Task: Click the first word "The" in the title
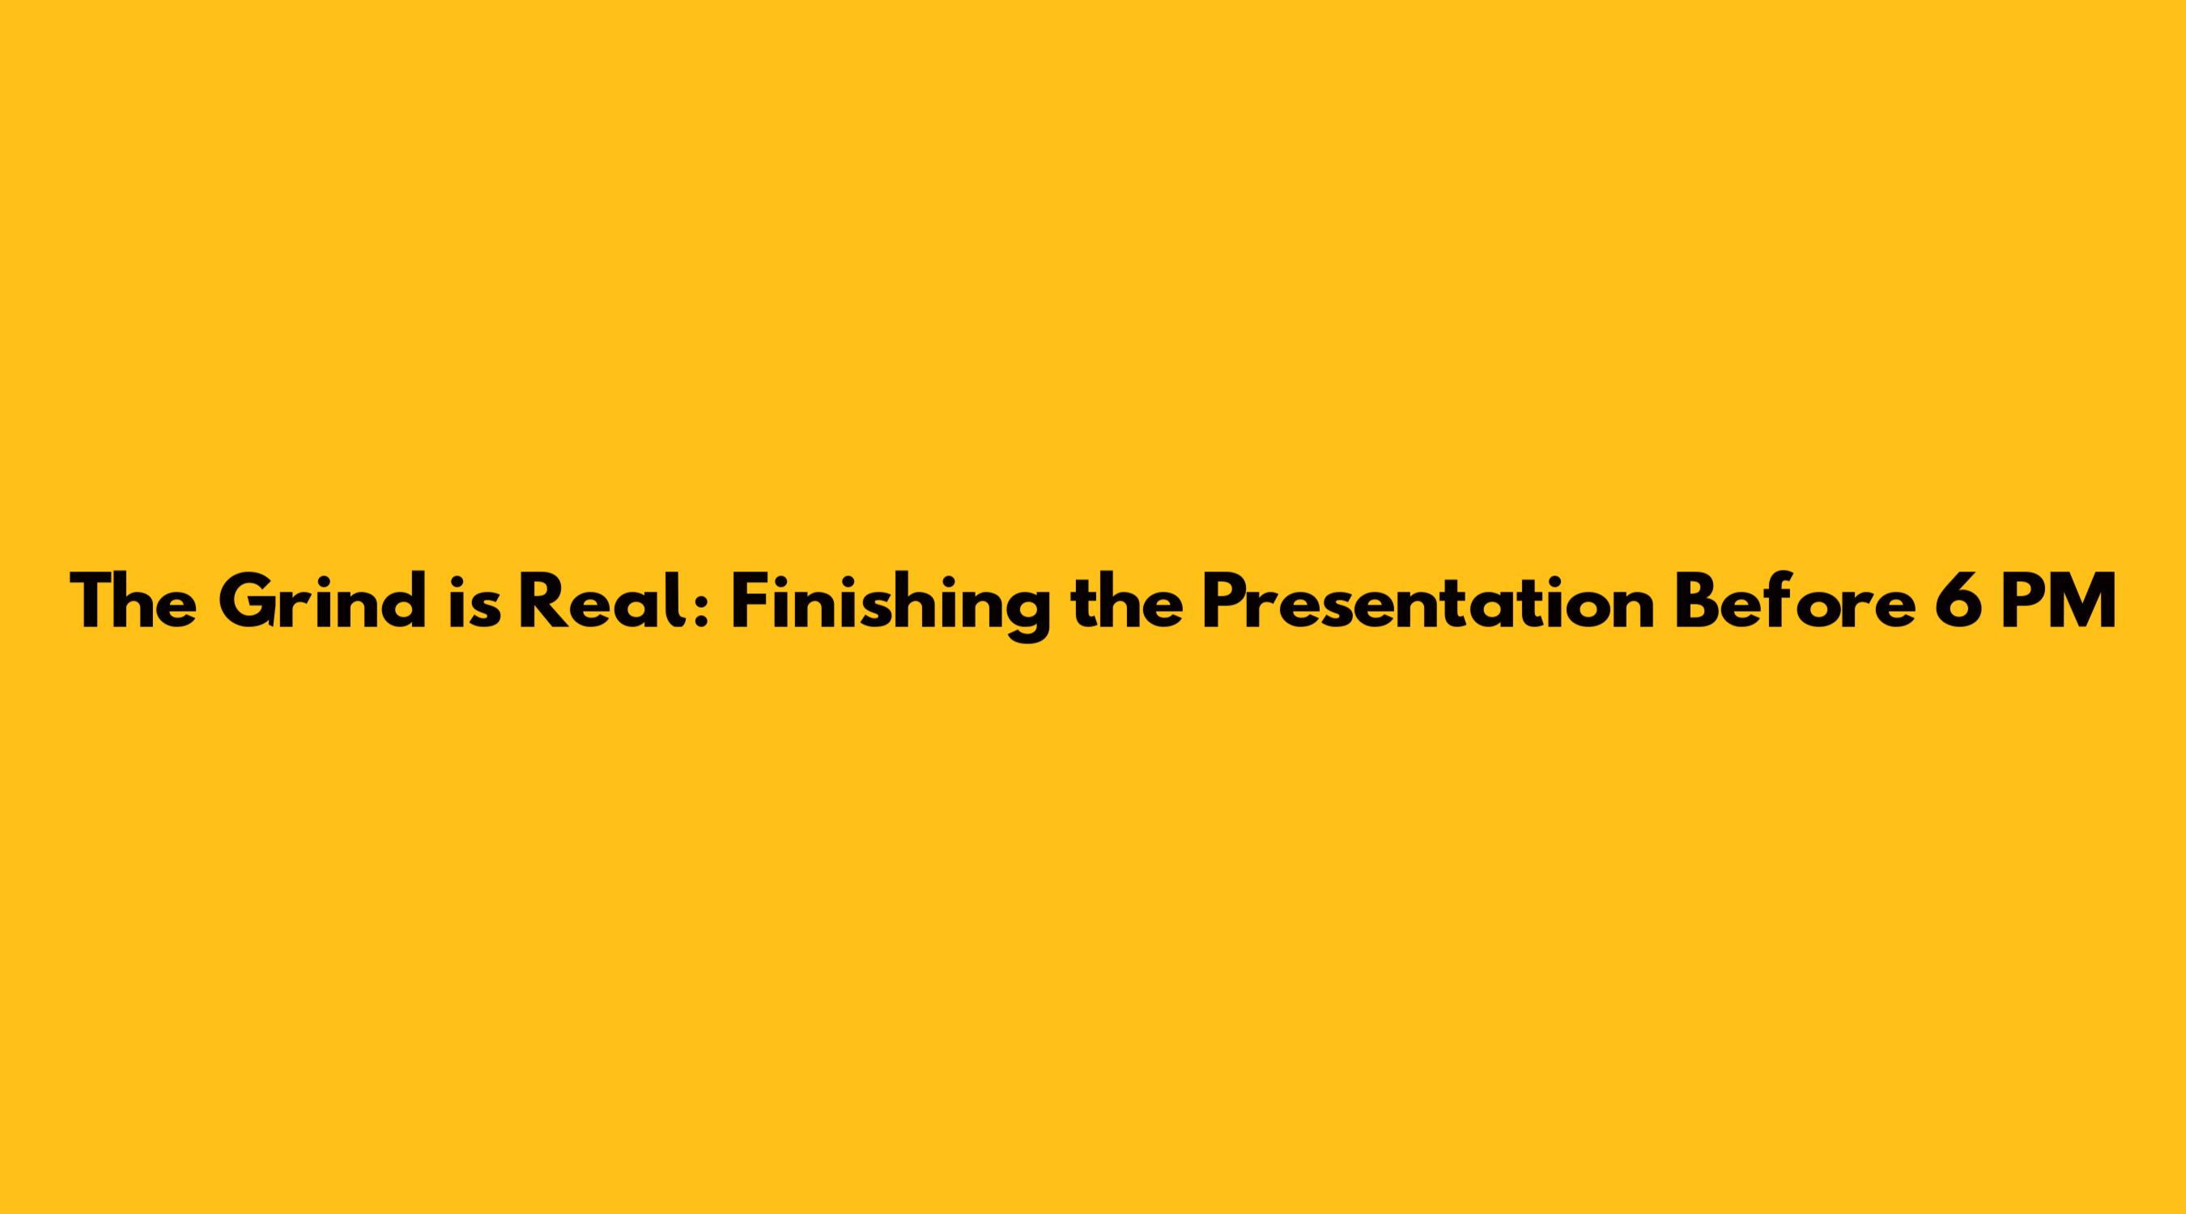[x=135, y=601]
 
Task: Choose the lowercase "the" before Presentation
[x=1127, y=601]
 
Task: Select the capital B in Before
[x=1699, y=601]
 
